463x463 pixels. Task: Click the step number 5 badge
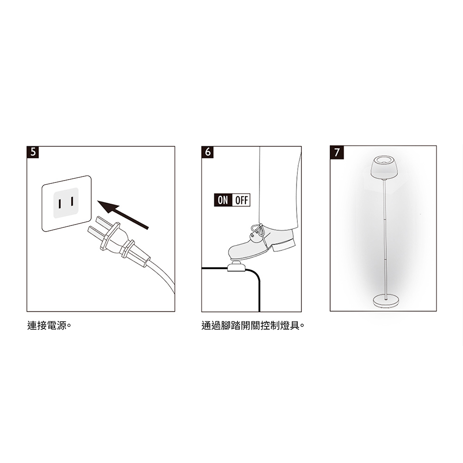click(33, 152)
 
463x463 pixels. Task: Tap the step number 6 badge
click(207, 152)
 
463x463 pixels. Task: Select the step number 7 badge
click(337, 152)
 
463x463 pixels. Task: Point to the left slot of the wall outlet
click(60, 204)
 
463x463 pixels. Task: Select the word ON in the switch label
click(223, 200)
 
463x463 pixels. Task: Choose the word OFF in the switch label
click(242, 200)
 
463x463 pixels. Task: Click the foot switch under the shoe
click(236, 267)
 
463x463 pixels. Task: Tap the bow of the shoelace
click(257, 229)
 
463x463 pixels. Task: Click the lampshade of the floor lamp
click(384, 168)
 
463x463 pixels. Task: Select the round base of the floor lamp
click(386, 301)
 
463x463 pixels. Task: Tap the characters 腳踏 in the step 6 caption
click(231, 325)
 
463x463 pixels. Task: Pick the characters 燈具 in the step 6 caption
click(290, 325)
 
